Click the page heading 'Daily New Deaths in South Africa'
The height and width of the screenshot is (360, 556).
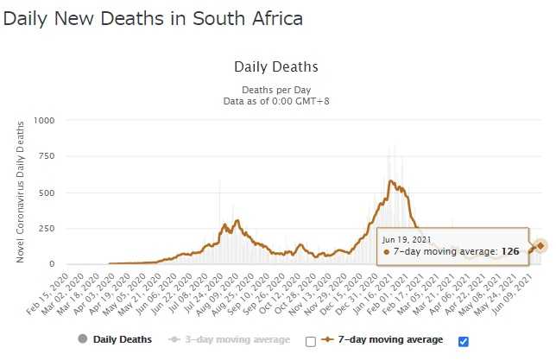coord(153,18)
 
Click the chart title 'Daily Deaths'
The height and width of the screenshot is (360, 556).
coord(276,66)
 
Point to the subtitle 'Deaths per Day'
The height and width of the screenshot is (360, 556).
coord(276,88)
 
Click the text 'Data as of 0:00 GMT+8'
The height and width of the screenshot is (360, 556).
coord(276,101)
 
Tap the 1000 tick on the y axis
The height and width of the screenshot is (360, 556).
coord(43,120)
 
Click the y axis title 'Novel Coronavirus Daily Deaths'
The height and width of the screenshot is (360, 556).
coord(19,192)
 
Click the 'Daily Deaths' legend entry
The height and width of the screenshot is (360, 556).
coord(122,340)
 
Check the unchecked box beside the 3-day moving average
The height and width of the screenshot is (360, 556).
coord(311,341)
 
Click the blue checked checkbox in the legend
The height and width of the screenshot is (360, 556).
coord(464,341)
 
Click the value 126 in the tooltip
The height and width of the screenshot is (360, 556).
coord(511,252)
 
